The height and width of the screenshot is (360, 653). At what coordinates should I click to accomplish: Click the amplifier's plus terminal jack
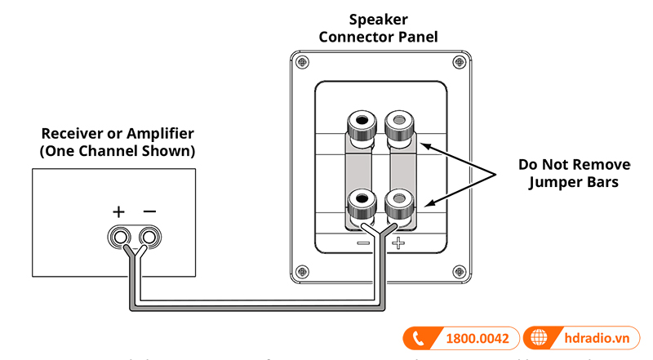[121, 237]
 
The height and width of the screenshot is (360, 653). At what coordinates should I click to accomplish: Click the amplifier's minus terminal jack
[148, 237]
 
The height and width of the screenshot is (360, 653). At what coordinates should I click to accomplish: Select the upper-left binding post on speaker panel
[361, 127]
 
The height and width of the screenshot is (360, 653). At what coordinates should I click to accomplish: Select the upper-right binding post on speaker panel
[398, 127]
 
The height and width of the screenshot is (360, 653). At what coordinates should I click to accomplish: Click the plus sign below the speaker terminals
[398, 242]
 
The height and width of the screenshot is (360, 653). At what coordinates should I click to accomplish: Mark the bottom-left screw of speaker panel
[304, 269]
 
